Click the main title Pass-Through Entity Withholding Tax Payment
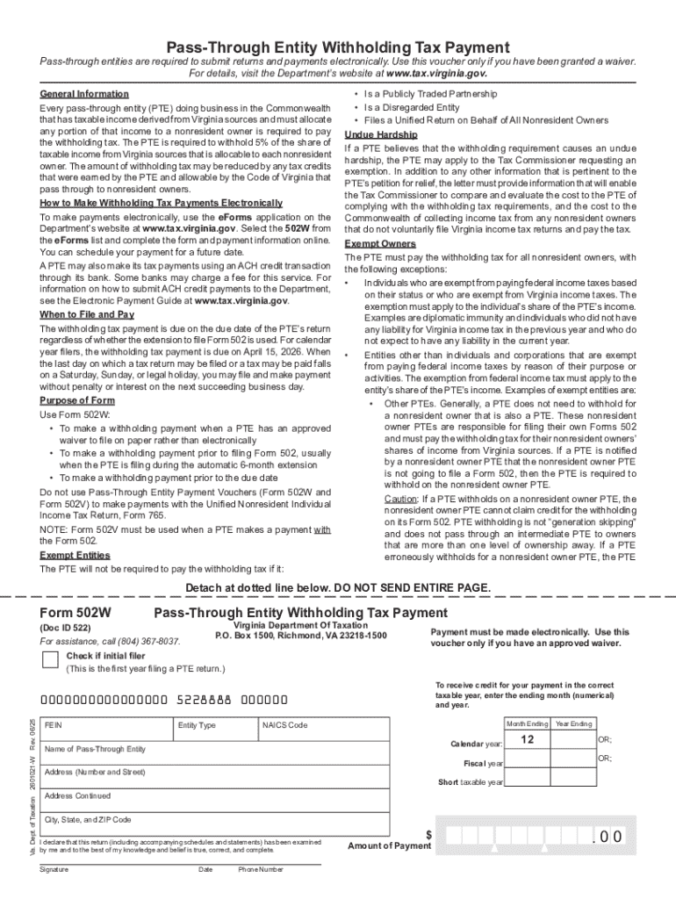click(x=338, y=47)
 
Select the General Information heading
click(x=84, y=94)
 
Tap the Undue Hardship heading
click(x=375, y=134)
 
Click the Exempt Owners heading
click(x=380, y=244)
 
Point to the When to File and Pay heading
click(x=87, y=314)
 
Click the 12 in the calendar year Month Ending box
click(x=527, y=740)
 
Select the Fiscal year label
click(x=483, y=763)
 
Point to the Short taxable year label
click(x=471, y=782)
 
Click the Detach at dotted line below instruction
click(x=338, y=587)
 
